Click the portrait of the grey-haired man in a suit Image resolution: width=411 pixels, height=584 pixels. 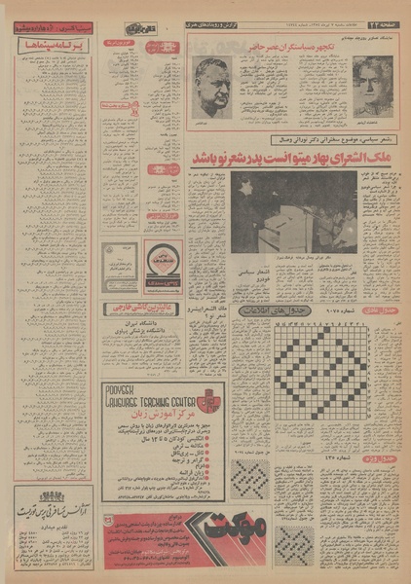[373, 86]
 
